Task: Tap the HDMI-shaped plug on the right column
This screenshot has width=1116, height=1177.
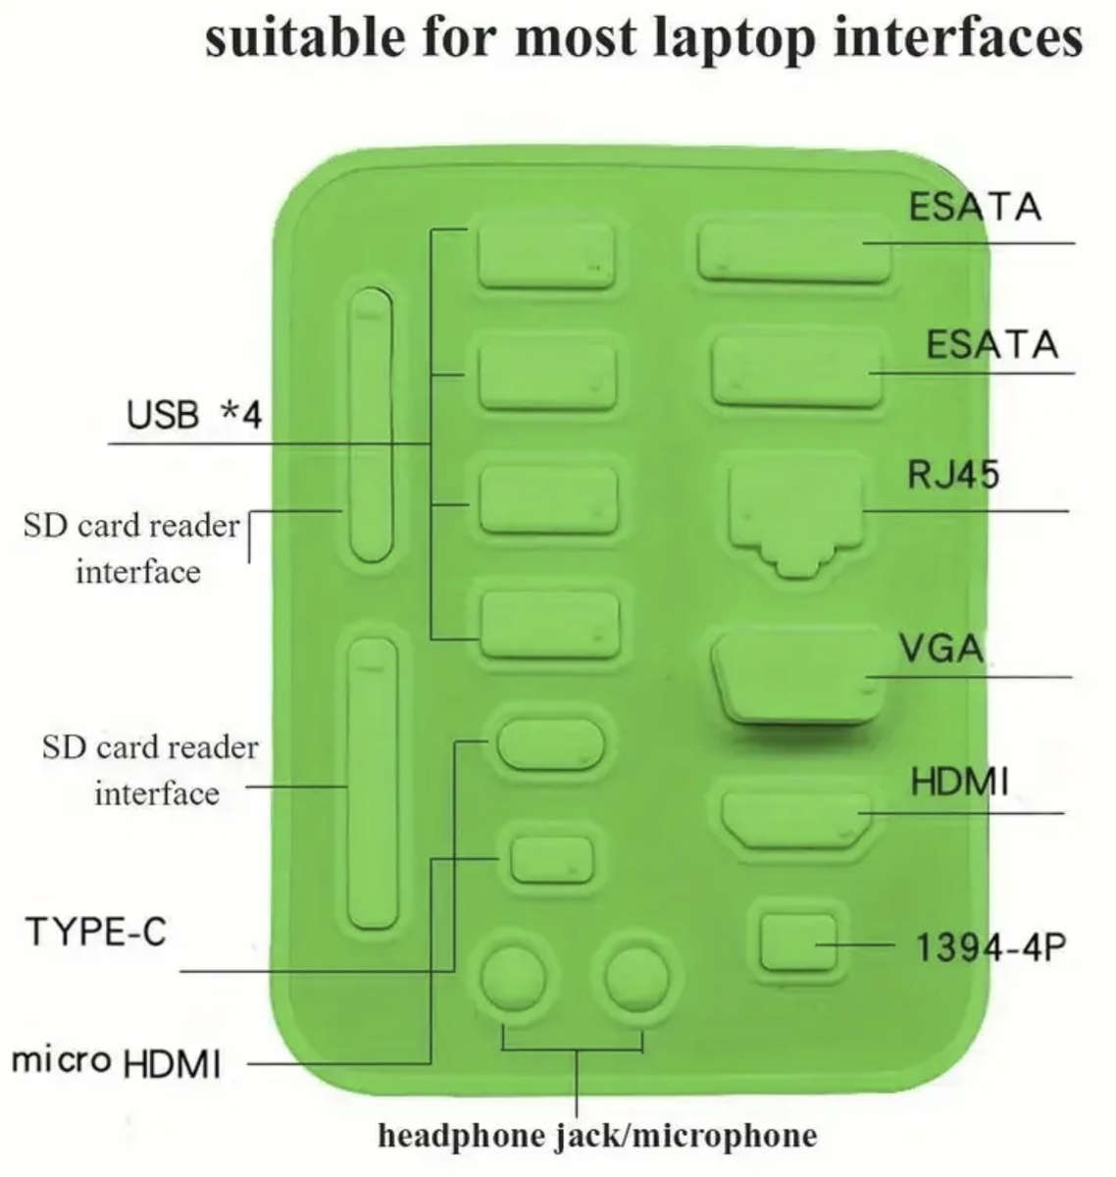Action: click(796, 820)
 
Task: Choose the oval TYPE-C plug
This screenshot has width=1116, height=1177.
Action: click(549, 744)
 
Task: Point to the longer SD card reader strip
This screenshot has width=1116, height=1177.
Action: click(373, 783)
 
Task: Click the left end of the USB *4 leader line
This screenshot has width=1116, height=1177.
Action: click(109, 443)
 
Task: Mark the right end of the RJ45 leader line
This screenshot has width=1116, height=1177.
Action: click(1068, 511)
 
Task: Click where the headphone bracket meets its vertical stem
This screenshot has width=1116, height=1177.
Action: click(578, 1049)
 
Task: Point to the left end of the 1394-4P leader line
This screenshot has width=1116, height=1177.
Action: click(817, 945)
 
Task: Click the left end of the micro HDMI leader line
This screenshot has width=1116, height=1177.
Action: click(248, 1064)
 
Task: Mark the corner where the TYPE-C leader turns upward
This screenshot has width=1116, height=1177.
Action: click(454, 971)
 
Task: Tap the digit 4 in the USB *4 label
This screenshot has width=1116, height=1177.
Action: click(251, 415)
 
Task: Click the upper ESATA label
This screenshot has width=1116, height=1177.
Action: click(976, 207)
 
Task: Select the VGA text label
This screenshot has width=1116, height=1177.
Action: click(941, 649)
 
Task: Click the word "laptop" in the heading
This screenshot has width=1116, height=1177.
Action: click(734, 39)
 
